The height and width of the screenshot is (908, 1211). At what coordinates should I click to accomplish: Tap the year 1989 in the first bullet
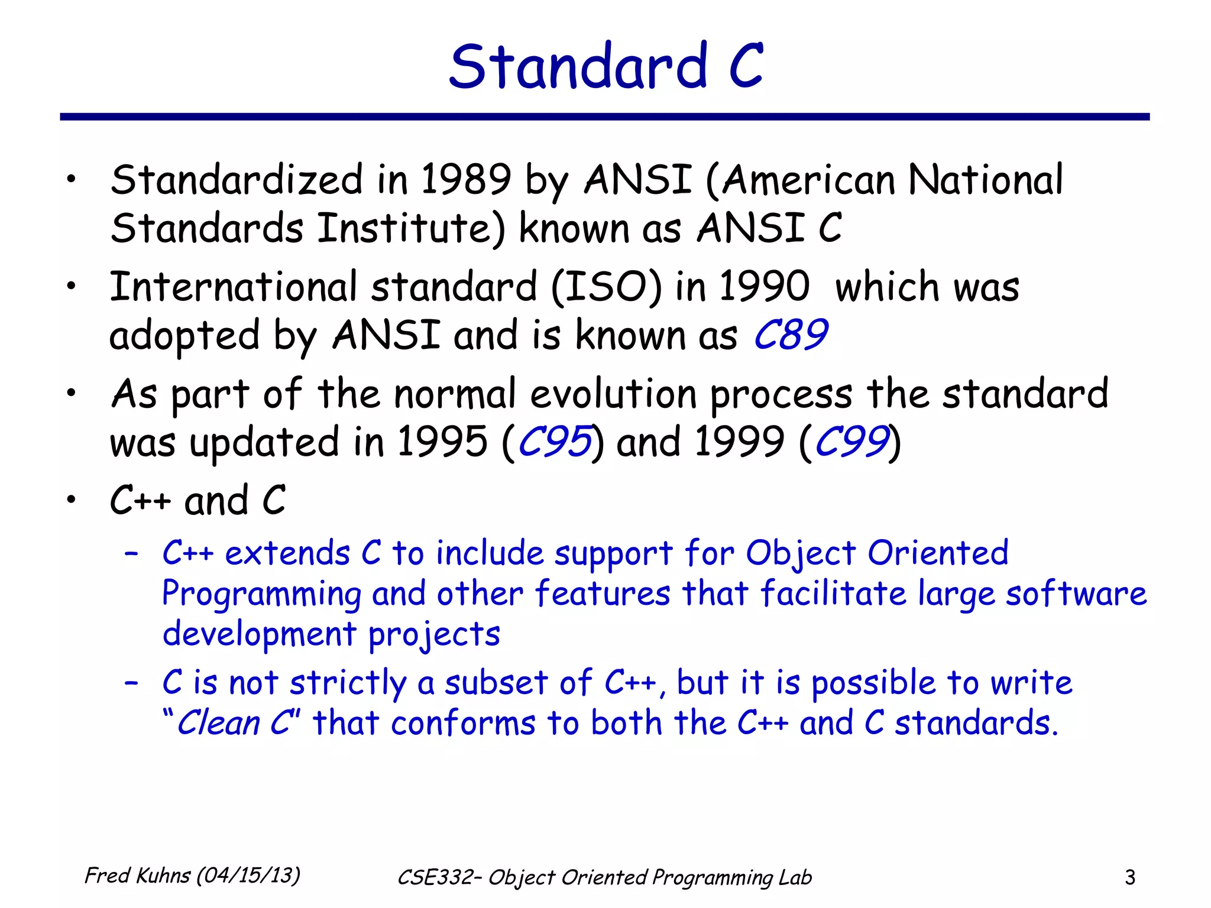click(465, 180)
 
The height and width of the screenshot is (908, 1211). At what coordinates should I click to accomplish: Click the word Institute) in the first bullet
click(412, 229)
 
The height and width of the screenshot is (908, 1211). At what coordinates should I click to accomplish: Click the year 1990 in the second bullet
click(764, 287)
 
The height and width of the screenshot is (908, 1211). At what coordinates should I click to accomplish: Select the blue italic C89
click(791, 335)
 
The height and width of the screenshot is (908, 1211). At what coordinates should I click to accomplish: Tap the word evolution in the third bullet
click(613, 394)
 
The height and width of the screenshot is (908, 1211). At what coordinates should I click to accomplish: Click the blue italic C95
click(554, 442)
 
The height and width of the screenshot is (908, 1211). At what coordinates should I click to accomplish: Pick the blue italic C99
click(851, 442)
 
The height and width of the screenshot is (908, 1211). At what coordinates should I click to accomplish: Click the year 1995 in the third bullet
click(442, 442)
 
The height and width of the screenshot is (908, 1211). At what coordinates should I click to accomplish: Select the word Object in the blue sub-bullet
click(800, 554)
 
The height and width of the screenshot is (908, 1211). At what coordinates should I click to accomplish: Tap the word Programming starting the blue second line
click(261, 595)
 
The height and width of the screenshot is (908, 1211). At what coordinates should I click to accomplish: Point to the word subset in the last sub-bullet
click(496, 683)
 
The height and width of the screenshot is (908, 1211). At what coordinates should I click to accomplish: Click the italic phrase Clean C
click(234, 724)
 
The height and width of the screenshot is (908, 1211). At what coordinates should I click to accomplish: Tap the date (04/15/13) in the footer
click(248, 875)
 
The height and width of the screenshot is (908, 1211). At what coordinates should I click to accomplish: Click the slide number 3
click(1129, 878)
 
